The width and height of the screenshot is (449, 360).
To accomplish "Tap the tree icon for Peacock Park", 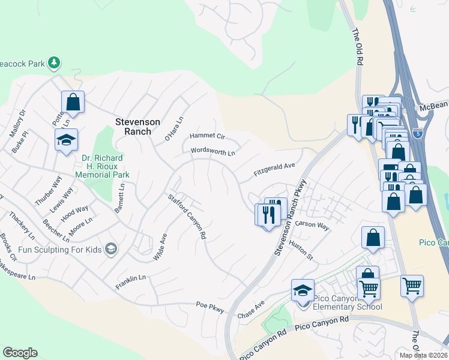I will (x=55, y=62).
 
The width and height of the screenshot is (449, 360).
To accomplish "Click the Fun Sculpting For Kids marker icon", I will (x=110, y=248).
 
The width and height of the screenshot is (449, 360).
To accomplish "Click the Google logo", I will (x=20, y=353).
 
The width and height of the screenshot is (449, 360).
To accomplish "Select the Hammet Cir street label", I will (x=207, y=136).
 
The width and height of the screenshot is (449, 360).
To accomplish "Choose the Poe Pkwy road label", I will (x=210, y=307).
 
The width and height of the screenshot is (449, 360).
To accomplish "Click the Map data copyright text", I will (x=425, y=355).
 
